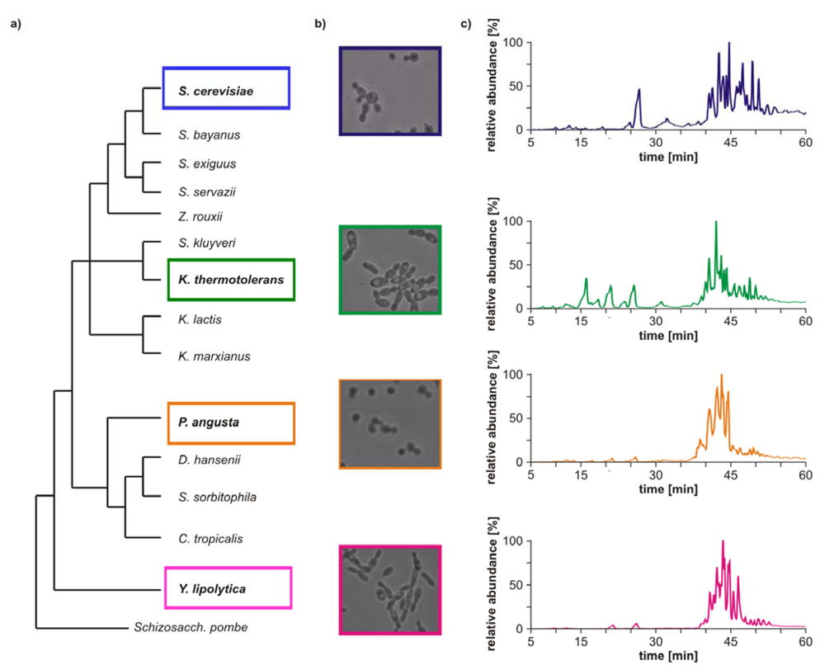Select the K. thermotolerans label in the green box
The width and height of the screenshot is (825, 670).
tap(230, 280)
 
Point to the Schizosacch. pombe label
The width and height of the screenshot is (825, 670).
tap(190, 627)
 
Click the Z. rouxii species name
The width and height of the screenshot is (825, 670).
tap(200, 216)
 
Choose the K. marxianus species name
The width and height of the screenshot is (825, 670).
tap(214, 356)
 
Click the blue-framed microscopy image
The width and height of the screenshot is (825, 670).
tap(390, 91)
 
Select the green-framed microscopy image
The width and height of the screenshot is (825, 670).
tap(390, 270)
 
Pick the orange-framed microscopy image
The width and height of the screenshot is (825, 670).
tap(390, 424)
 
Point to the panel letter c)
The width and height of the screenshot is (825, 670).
tap(465, 23)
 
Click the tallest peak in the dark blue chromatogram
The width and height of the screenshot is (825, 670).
tap(728, 44)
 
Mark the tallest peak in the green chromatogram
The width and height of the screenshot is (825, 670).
tap(715, 222)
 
